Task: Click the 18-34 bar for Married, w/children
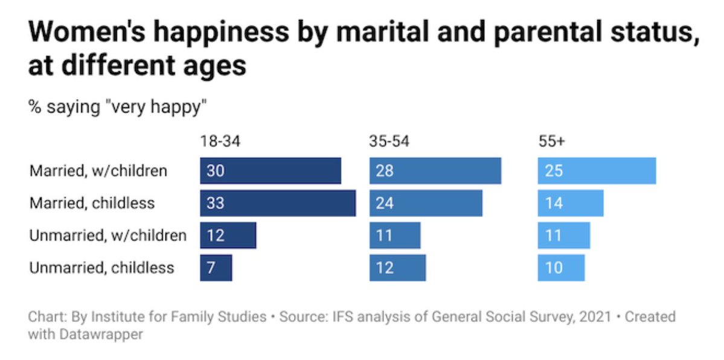coord(271,170)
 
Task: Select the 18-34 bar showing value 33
coord(278,203)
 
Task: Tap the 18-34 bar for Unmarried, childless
coord(216,268)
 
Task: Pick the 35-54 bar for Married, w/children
coord(435,170)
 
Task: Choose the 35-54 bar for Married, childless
coord(426,203)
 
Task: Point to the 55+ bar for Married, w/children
coord(597,170)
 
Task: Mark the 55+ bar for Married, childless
coord(571,203)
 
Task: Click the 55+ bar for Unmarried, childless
coord(561,268)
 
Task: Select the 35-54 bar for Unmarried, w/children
coord(395,235)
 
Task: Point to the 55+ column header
coord(551,142)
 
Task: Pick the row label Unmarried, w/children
coord(107,235)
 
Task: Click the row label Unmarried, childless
coord(101,268)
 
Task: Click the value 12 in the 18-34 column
coord(215,235)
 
